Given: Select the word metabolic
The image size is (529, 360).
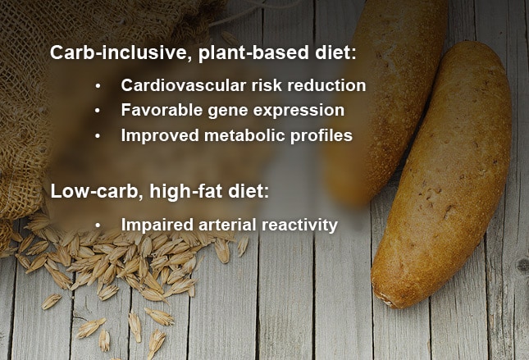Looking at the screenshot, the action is click(244, 135).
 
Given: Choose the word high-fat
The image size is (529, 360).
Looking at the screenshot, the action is click(186, 191).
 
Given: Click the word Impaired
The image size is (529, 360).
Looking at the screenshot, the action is click(157, 225).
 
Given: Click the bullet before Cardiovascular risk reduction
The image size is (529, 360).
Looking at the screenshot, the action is click(98, 86).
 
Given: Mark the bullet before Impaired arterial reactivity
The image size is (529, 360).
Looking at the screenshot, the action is click(98, 226).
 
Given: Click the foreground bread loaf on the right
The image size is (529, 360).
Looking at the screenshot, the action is click(442, 175).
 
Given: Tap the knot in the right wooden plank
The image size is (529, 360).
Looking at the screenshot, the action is click(523, 266).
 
